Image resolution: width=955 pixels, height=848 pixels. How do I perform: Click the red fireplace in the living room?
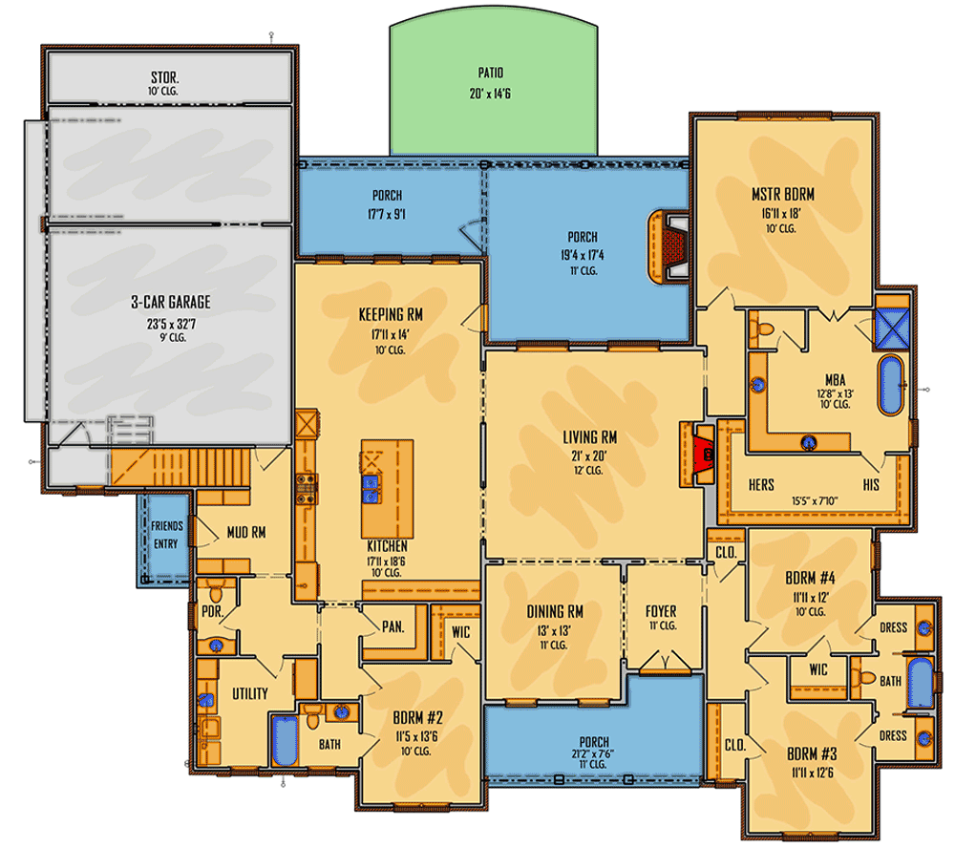703,454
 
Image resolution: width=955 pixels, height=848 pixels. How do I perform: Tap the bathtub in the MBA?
890,385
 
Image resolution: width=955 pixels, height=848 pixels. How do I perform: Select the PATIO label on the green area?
490,74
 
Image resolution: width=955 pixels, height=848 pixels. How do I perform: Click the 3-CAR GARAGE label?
171,302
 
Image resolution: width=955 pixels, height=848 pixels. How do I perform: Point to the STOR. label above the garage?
164,77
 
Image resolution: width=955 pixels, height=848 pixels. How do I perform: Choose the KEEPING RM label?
391,315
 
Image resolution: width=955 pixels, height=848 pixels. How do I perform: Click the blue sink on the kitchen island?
371,489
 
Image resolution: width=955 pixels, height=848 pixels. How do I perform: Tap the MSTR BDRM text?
783,195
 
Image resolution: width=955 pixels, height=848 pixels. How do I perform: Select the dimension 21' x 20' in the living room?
589,456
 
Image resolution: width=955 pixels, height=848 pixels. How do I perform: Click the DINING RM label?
555,611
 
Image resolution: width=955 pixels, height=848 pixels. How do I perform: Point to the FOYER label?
661,611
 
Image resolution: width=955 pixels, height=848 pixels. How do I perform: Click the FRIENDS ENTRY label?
167,534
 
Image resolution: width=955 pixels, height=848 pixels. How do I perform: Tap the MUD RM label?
246,533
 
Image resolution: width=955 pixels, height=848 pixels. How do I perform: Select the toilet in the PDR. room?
215,591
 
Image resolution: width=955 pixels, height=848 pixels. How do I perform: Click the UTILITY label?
249,693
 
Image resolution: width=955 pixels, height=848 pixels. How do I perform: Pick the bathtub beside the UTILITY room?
285,740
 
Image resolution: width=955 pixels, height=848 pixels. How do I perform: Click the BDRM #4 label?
810,578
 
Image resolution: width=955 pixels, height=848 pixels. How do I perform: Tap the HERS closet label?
761,485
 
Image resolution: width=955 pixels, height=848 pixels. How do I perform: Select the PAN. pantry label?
393,626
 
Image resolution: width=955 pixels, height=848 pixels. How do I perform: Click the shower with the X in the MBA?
892,328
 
